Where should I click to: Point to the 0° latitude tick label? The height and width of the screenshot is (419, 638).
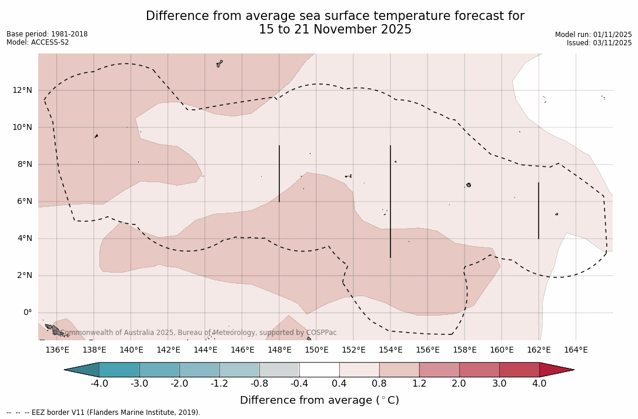pyautogui.click(x=27, y=313)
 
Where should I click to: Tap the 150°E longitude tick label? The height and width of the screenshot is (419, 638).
pyautogui.click(x=316, y=350)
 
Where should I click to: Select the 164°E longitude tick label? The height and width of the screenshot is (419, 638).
pyautogui.click(x=576, y=350)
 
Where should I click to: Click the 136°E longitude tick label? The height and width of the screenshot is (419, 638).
pyautogui.click(x=57, y=350)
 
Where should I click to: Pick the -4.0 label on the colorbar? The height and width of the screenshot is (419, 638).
pyautogui.click(x=99, y=384)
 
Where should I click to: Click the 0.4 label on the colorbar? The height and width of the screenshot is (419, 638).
pyautogui.click(x=339, y=384)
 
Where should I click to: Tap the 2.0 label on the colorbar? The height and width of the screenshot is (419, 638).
pyautogui.click(x=459, y=384)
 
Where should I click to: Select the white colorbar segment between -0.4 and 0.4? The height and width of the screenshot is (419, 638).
pyautogui.click(x=319, y=370)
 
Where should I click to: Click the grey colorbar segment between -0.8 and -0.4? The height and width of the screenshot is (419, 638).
pyautogui.click(x=279, y=370)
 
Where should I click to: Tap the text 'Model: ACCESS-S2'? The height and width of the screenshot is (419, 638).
pyautogui.click(x=38, y=42)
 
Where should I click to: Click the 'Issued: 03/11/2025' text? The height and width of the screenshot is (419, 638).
pyautogui.click(x=599, y=43)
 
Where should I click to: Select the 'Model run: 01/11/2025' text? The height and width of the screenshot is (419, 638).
pyautogui.click(x=593, y=35)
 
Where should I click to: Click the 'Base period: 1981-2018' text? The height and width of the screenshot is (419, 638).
pyautogui.click(x=47, y=34)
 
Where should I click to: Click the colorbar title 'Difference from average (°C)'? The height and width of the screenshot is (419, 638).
pyautogui.click(x=319, y=400)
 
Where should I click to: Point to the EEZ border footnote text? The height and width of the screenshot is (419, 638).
pyautogui.click(x=103, y=413)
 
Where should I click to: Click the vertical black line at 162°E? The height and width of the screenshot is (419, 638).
pyautogui.click(x=539, y=210)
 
